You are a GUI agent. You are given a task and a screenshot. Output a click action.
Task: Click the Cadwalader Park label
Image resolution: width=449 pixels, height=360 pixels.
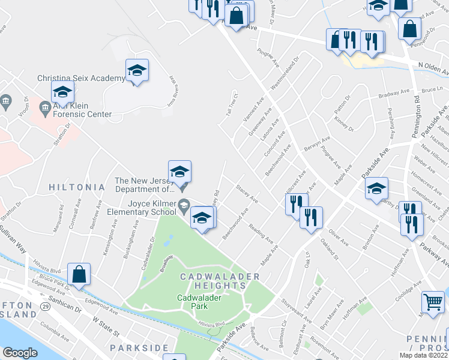point(192,301)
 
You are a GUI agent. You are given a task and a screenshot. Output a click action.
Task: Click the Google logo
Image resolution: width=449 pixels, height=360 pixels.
point(20,353)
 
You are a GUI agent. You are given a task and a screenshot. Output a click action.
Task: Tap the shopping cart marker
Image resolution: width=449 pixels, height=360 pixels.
point(433,302)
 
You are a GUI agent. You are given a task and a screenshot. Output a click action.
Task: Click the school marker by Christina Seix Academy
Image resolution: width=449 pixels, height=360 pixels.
point(137,71)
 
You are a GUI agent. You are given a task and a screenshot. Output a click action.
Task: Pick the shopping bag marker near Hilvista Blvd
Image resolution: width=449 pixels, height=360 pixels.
point(79,275)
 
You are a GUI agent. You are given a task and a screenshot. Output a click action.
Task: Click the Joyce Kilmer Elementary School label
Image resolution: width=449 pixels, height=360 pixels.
point(142,207)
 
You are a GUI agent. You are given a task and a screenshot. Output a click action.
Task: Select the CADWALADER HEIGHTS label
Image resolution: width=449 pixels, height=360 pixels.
point(220,281)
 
